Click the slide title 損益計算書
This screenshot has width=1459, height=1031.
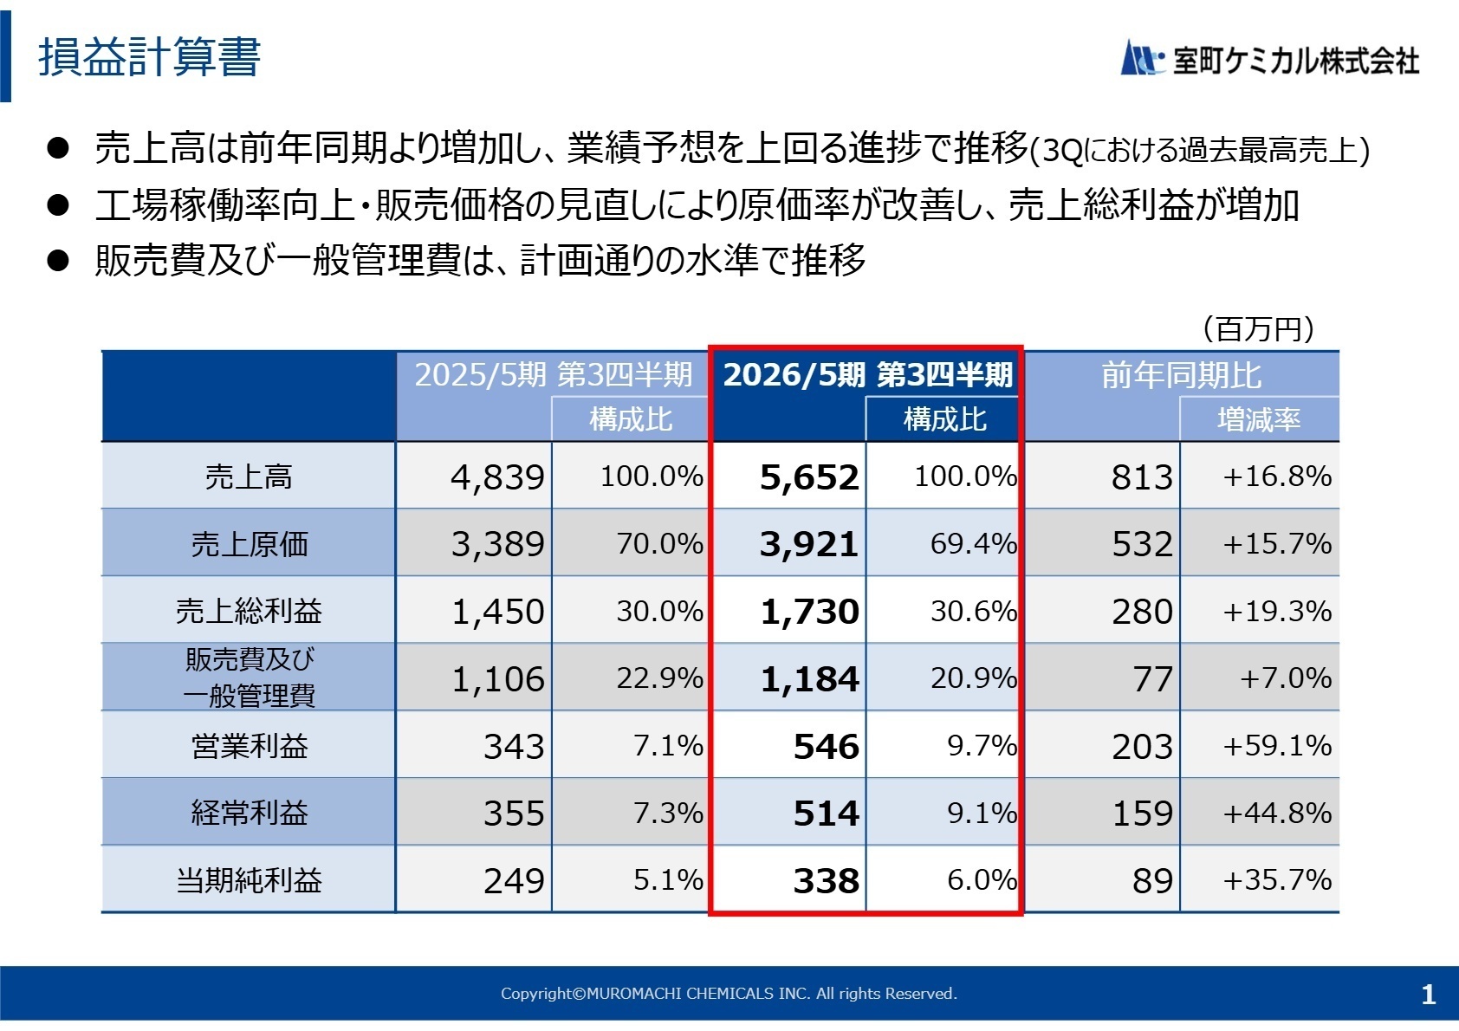149,58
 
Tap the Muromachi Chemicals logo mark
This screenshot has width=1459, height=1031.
1141,59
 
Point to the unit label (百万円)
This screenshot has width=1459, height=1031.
1258,329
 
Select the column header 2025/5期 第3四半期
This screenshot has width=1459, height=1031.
553,374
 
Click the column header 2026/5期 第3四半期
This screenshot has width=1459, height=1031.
867,374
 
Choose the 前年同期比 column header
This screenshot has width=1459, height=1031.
1181,375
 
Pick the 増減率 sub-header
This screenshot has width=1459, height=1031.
1259,420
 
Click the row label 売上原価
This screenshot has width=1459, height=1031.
250,544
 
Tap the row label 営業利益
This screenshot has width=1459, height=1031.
250,746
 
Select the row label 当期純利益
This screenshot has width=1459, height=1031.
250,880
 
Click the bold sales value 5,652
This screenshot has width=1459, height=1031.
808,477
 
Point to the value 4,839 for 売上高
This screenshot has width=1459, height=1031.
497,477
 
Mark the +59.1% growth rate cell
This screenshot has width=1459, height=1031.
1276,746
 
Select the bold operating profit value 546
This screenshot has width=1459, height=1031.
826,747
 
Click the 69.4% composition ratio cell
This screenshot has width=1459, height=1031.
972,544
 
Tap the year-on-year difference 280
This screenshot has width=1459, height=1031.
1142,612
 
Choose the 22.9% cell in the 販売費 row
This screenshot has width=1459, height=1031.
659,678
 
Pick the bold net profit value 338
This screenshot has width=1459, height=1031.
826,881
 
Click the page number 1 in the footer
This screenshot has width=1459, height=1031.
1429,994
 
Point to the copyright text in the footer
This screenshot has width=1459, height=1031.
729,994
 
